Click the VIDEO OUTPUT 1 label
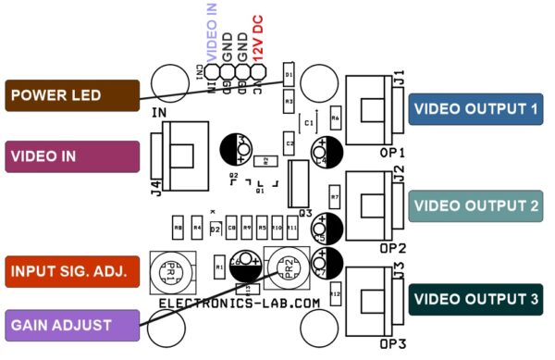pos(475,109)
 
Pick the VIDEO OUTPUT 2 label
pos(475,205)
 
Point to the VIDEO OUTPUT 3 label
pos(475,300)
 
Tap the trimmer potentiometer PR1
pos(168,271)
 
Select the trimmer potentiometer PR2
pos(283,269)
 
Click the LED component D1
pos(289,74)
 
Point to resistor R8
pos(178,227)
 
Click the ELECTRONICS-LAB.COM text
pos(240,303)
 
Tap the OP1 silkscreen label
pos(392,152)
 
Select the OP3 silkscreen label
pos(392,345)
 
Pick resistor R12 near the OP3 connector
pos(335,294)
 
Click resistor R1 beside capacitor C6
pos(219,267)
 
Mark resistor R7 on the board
pos(335,198)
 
